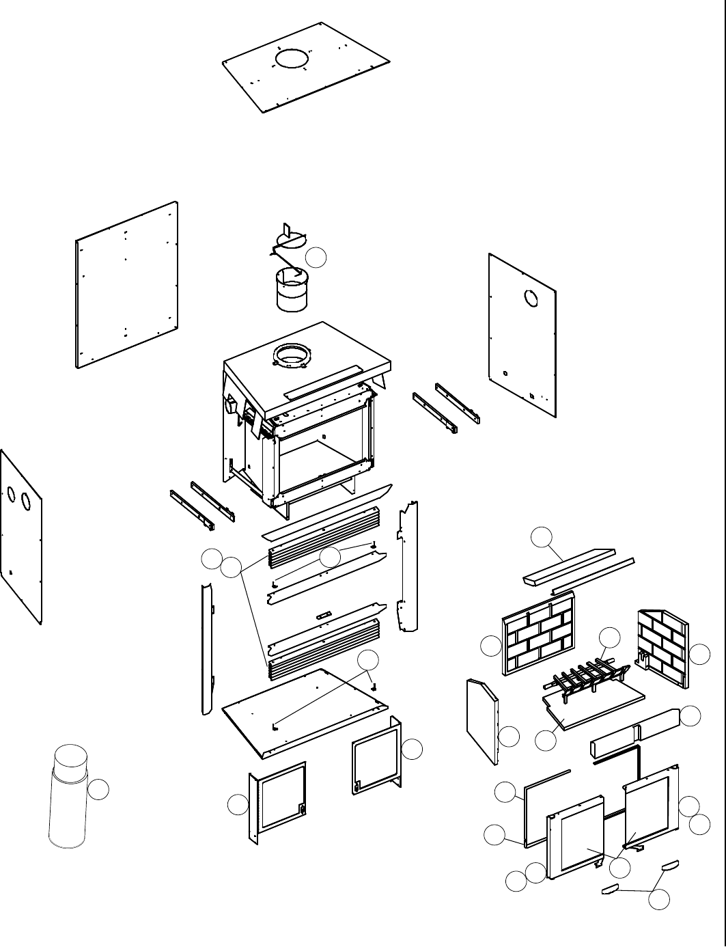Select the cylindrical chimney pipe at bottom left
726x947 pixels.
tap(69, 799)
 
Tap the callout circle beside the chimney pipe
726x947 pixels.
tap(99, 789)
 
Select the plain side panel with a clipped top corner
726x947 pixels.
tap(482, 721)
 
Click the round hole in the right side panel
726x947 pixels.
tap(531, 299)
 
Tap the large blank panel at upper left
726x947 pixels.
tap(127, 284)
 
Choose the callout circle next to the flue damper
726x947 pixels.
tap(316, 258)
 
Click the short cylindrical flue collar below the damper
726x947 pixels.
tap(292, 291)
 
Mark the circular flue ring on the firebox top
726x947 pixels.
tap(292, 356)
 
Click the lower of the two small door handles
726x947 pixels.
tap(609, 889)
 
